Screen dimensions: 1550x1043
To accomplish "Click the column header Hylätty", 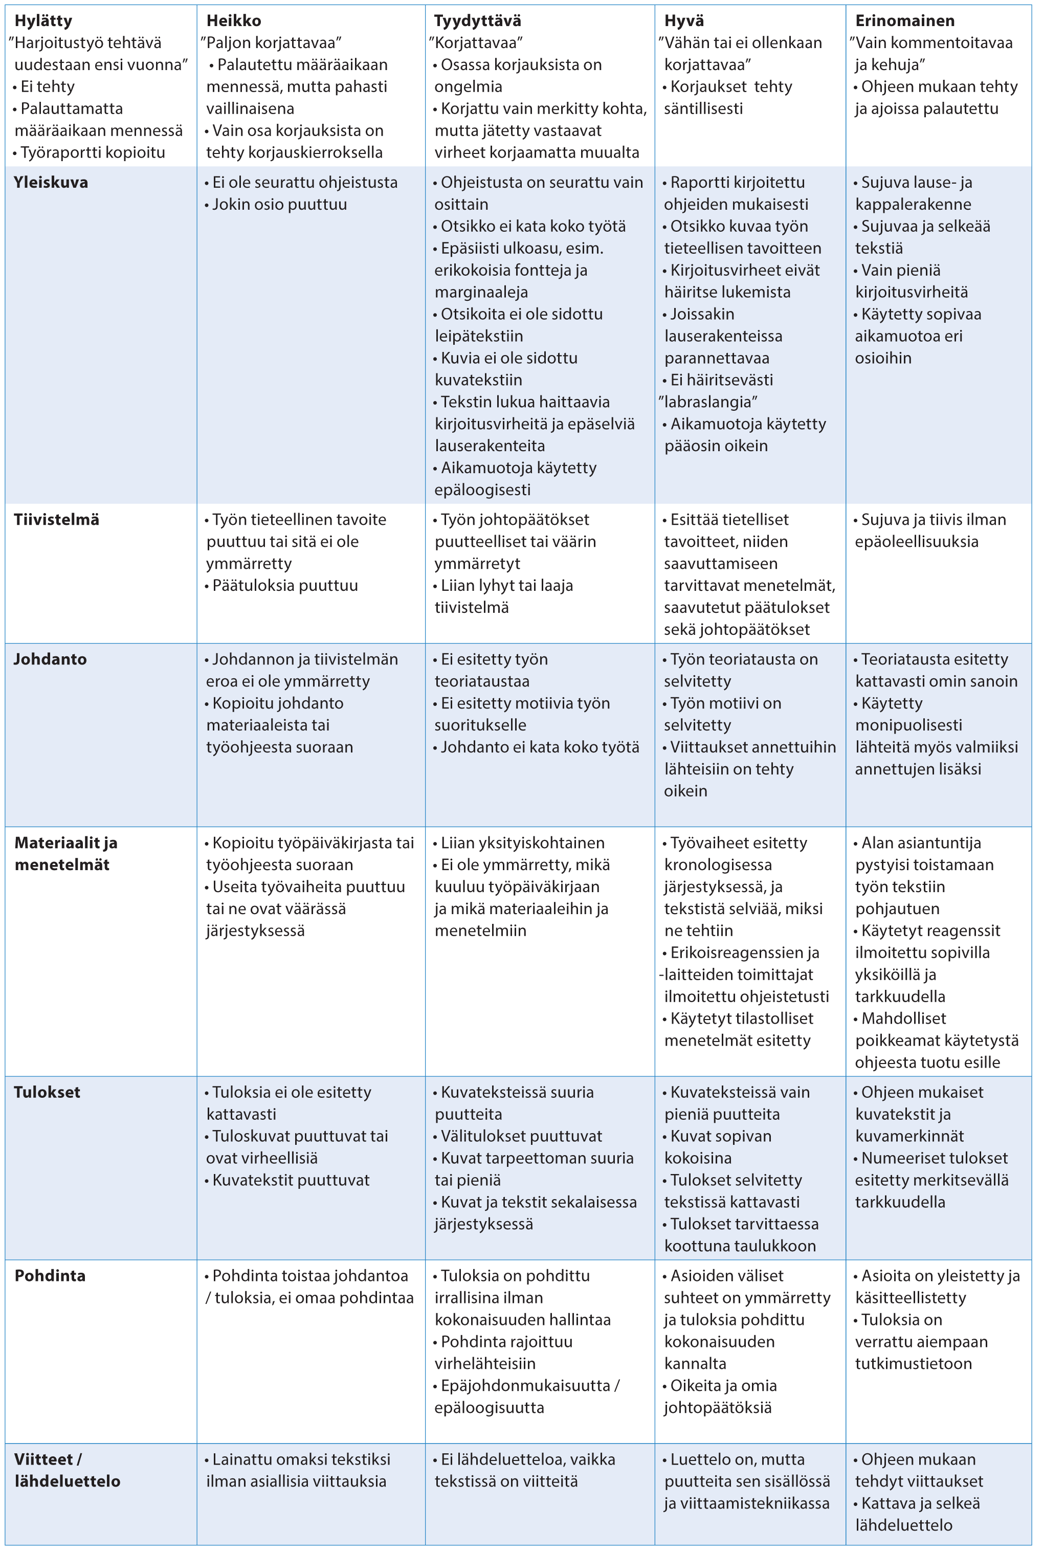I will click(43, 20).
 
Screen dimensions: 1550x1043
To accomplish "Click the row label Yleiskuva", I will click(51, 182).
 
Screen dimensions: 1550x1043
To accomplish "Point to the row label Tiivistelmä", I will click(57, 520).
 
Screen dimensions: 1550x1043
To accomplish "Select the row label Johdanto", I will click(51, 659).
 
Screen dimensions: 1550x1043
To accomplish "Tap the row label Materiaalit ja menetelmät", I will click(66, 853).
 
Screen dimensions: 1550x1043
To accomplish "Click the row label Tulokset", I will click(47, 1092).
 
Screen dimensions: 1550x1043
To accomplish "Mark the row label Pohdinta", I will click(50, 1275).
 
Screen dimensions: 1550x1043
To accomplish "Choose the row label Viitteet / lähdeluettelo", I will click(67, 1470).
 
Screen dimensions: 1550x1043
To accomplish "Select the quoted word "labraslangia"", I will click(708, 402).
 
